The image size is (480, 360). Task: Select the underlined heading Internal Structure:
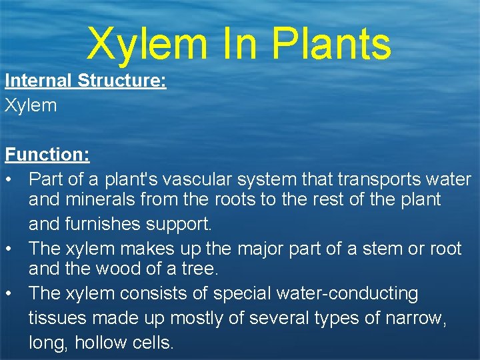point(85,81)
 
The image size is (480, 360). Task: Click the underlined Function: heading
point(47,155)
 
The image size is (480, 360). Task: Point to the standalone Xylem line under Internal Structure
point(31,105)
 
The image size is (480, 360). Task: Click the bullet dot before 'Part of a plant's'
point(9,180)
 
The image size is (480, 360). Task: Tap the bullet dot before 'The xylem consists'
point(9,293)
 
